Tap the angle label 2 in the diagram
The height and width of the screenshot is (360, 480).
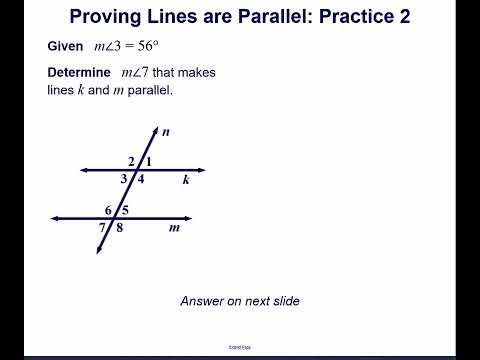[131, 161]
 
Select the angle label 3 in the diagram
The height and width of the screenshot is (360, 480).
[125, 179]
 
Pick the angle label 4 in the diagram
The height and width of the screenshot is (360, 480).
[141, 179]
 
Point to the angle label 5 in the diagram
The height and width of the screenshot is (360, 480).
[124, 210]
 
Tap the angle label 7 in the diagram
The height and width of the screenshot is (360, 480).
[102, 228]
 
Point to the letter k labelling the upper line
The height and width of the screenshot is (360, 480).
[186, 180]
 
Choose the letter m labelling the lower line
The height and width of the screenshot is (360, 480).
[174, 228]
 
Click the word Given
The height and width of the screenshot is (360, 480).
[65, 47]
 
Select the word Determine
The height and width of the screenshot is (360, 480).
[80, 73]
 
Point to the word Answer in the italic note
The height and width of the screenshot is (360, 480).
[203, 301]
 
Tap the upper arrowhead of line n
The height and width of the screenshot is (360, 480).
[156, 129]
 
